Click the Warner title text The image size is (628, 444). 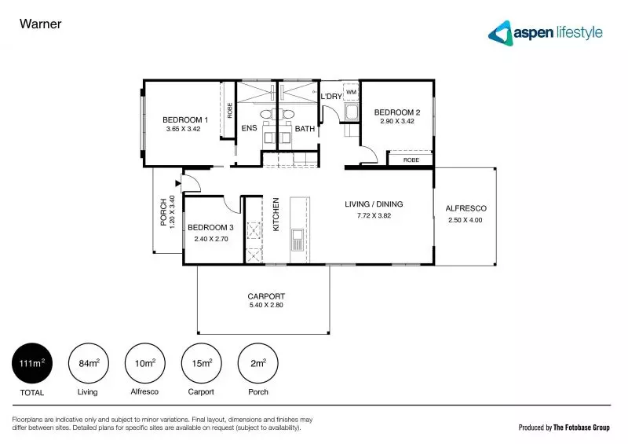(40, 24)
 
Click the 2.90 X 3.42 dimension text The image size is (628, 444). (396, 122)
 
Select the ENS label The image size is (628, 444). (249, 128)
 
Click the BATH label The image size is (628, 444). (305, 128)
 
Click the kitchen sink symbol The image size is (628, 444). (298, 240)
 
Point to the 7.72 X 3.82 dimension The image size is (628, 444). (373, 215)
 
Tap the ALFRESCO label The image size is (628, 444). (466, 208)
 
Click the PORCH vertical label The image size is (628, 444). (163, 211)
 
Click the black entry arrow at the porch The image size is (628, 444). (179, 185)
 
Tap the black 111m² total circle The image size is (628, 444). (32, 363)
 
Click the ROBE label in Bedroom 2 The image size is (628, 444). (411, 160)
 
